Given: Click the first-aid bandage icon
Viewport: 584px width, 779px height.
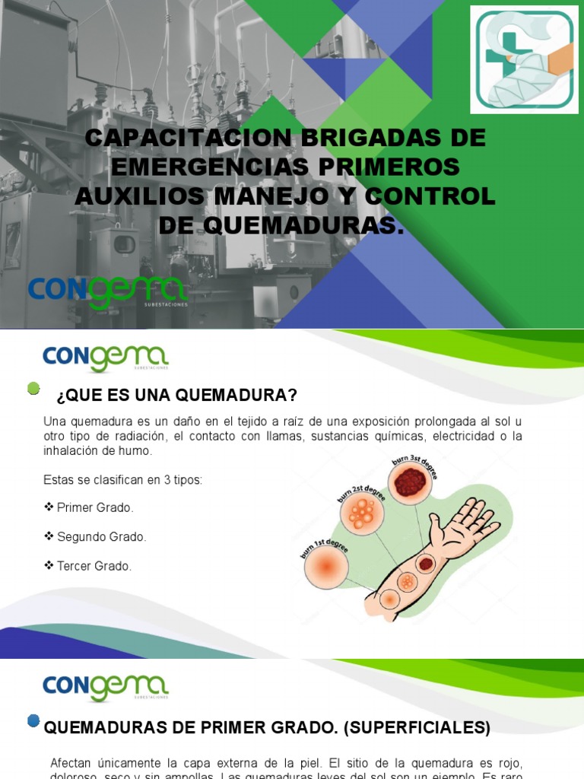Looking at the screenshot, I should coord(524,59).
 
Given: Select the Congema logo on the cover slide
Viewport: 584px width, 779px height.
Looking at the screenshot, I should coord(106,292).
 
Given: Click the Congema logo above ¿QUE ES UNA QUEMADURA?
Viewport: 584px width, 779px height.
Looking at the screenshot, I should coord(105,358).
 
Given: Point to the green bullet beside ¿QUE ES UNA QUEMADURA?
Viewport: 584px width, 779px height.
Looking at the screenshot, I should coord(33,389).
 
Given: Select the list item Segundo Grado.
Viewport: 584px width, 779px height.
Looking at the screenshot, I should coord(101,537).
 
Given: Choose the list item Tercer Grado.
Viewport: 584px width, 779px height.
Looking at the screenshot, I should coord(94,566).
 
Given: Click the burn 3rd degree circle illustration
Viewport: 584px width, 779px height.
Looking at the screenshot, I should coord(411,482).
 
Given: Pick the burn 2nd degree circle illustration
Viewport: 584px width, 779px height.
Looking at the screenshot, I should coord(362,514).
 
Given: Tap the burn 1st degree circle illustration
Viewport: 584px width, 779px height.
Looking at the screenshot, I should coord(327,567).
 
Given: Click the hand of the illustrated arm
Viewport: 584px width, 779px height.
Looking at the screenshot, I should coord(465,525).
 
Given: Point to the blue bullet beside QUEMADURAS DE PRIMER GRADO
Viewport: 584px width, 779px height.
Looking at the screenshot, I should coord(33,720).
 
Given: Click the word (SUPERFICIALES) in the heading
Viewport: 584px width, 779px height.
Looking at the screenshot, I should coord(417,727).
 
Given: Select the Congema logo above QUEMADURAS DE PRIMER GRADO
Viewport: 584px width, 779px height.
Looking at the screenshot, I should coord(105,687).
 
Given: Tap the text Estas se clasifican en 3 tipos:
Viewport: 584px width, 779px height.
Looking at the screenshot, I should coord(122,480).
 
